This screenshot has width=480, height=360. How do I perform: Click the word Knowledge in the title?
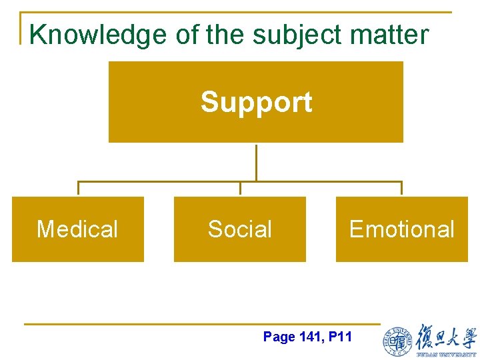(x=98, y=35)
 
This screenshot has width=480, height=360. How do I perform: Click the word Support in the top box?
(x=256, y=102)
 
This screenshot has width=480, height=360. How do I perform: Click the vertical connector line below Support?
(x=256, y=161)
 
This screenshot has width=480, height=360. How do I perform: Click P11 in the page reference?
(x=340, y=337)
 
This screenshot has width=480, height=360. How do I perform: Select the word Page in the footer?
(x=279, y=337)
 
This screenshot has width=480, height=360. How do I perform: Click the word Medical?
(x=77, y=229)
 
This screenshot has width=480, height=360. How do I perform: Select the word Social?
(x=240, y=229)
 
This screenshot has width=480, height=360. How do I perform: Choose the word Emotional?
(x=401, y=229)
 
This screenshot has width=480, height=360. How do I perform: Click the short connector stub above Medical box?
(x=78, y=189)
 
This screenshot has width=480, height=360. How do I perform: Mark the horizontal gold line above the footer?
(x=200, y=324)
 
